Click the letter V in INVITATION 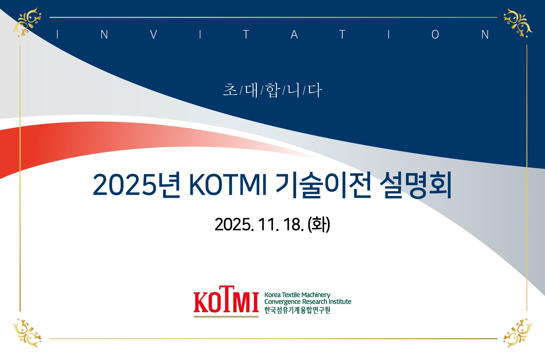pyautogui.click(x=153, y=34)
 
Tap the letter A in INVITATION pyautogui.click(x=294, y=34)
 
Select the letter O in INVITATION pyautogui.click(x=435, y=34)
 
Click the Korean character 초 pyautogui.click(x=230, y=90)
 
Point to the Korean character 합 pyautogui.click(x=272, y=90)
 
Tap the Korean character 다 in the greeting pyautogui.click(x=315, y=90)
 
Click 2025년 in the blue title pyautogui.click(x=136, y=185)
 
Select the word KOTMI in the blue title pyautogui.click(x=228, y=185)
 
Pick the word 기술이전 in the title pyautogui.click(x=324, y=185)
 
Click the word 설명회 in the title pyautogui.click(x=416, y=185)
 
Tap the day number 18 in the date pyautogui.click(x=292, y=224)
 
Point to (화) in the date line pyautogui.click(x=319, y=224)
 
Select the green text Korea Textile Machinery pyautogui.click(x=297, y=295)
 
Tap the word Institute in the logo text pyautogui.click(x=340, y=302)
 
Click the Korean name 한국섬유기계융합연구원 pyautogui.click(x=297, y=310)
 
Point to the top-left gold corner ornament pyautogui.click(x=27, y=22)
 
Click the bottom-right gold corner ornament pyautogui.click(x=518, y=334)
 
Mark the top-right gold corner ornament pyautogui.click(x=518, y=22)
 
